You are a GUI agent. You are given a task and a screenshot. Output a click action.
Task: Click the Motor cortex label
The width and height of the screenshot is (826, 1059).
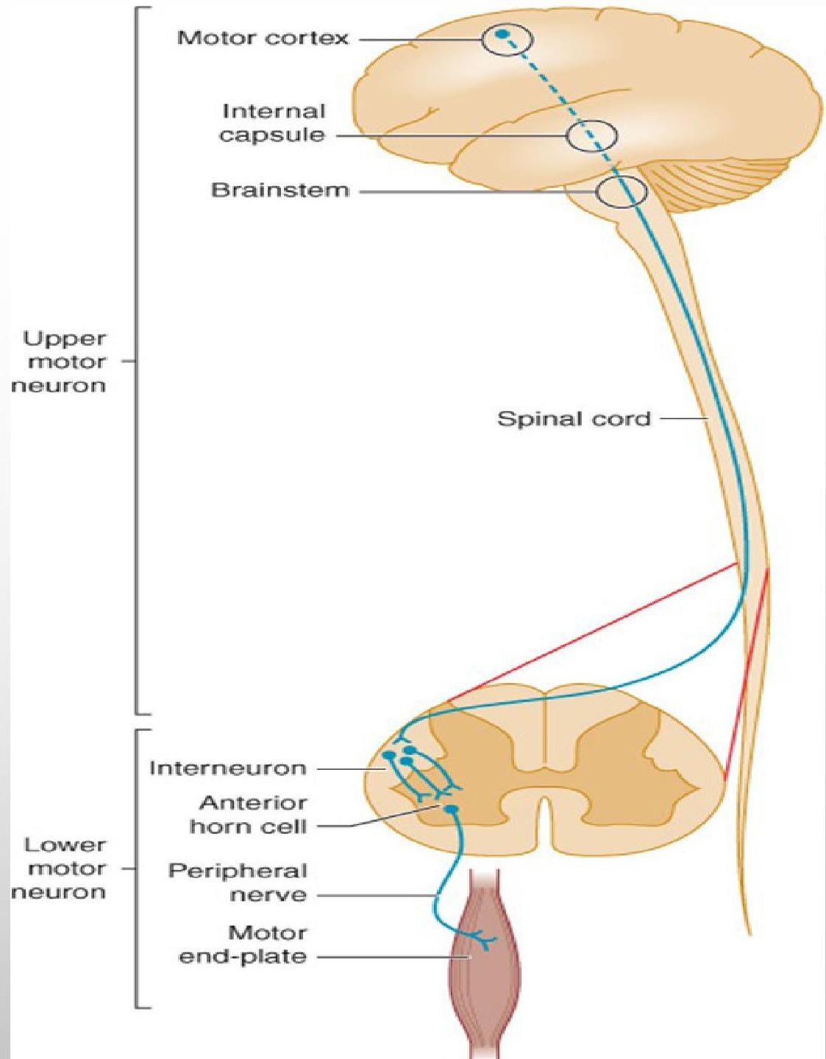pos(263,38)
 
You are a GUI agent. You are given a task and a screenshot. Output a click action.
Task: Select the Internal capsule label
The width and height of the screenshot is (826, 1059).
pos(273,124)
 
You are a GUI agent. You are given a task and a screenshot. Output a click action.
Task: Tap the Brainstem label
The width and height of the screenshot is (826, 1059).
pos(280,190)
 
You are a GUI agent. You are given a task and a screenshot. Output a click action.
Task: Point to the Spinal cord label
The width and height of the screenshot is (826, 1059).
pos(574,419)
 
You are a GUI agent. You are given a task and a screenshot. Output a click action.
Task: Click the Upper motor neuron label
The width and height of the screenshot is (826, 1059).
pos(65,362)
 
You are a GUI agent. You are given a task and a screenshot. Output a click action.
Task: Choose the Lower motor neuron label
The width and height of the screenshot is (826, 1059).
pos(65,869)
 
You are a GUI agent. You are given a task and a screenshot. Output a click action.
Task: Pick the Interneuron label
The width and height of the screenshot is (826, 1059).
pos(227,769)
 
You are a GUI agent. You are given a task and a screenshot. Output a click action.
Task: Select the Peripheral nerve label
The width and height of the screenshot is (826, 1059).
pos(238,883)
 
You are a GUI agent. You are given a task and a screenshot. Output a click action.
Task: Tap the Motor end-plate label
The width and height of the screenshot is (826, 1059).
pos(243,945)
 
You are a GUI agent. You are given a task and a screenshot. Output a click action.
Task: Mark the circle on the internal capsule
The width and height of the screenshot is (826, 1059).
pos(591,136)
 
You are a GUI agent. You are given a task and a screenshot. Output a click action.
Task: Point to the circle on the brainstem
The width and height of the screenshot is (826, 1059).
pos(621,192)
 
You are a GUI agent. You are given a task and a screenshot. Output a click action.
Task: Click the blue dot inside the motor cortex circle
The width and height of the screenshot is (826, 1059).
pos(502,34)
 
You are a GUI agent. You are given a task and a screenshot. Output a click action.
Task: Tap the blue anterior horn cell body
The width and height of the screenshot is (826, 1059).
pos(452,809)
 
